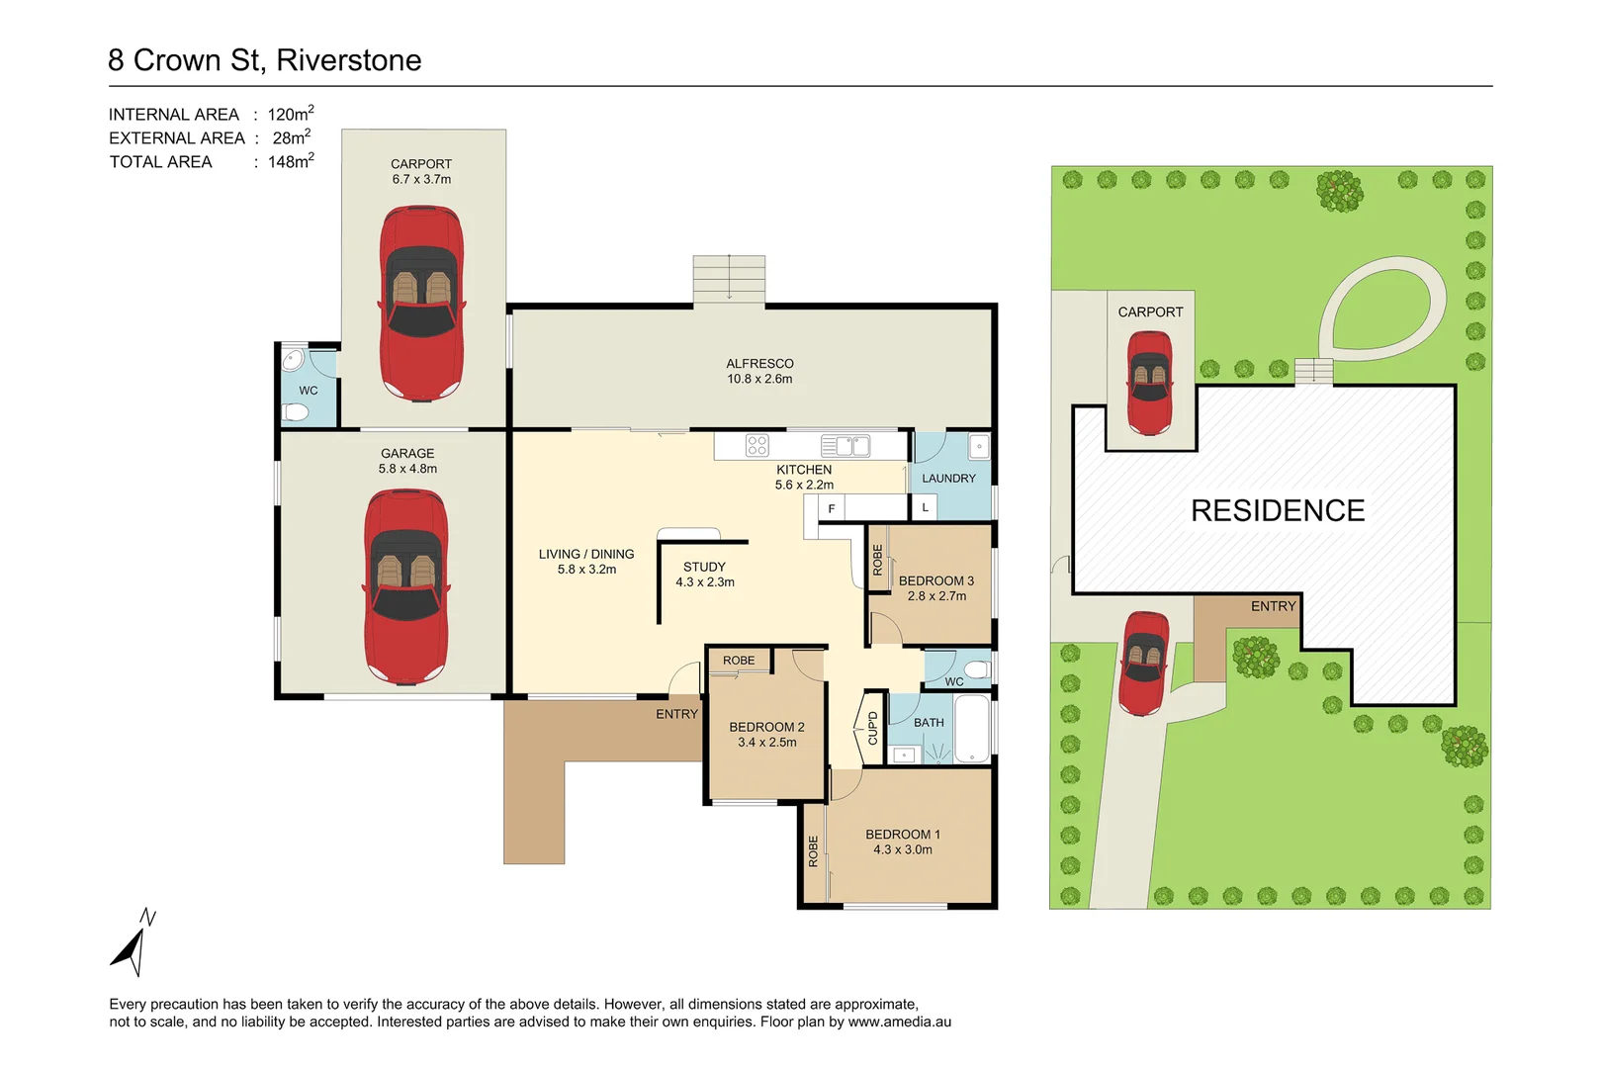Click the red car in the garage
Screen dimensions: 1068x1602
click(406, 587)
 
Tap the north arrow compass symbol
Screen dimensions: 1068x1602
click(133, 943)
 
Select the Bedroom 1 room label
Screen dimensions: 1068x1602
click(902, 835)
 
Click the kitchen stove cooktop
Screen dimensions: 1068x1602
click(756, 446)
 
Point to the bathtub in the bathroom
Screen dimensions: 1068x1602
click(972, 730)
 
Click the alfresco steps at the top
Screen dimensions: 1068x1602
click(729, 279)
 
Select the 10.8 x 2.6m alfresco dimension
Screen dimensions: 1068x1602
click(759, 379)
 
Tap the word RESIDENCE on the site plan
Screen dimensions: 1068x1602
click(1277, 510)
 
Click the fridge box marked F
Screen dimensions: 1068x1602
click(831, 508)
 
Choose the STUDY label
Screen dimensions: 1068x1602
click(704, 567)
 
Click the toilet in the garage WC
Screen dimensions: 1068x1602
click(296, 412)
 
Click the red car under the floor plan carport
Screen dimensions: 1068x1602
click(422, 303)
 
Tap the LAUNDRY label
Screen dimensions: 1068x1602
click(948, 479)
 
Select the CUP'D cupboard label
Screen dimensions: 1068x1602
click(872, 728)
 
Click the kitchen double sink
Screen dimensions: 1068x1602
click(846, 446)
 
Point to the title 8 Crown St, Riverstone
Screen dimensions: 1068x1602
click(265, 60)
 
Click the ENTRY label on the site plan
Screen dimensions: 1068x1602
click(1273, 606)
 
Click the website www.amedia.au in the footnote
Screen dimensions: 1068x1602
click(899, 1022)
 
